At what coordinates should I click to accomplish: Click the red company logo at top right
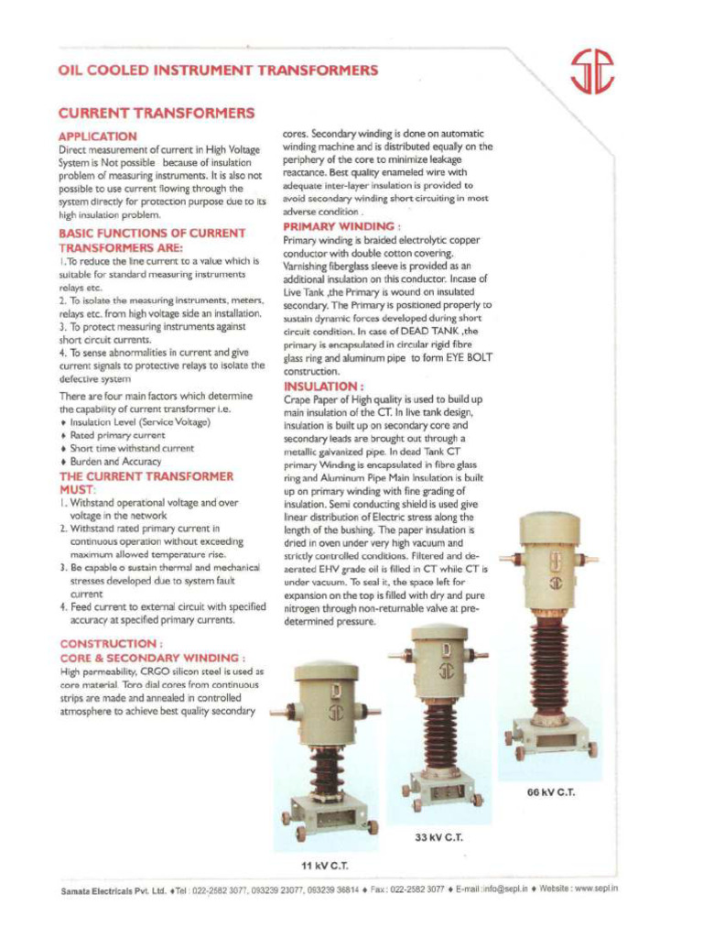coord(591,72)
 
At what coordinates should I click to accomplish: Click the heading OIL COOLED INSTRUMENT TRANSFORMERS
coord(218,71)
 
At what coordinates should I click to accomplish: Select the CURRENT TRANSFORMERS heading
coord(156,114)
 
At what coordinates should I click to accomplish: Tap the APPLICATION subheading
coord(98,136)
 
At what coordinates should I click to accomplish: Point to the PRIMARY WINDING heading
coord(341,226)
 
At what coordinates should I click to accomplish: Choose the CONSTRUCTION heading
coord(111,644)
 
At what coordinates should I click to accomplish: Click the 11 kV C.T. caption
coord(325,866)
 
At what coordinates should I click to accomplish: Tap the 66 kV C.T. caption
coord(550,792)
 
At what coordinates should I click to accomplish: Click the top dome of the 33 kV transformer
coord(438,633)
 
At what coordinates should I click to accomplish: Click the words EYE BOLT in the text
coord(468,359)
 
